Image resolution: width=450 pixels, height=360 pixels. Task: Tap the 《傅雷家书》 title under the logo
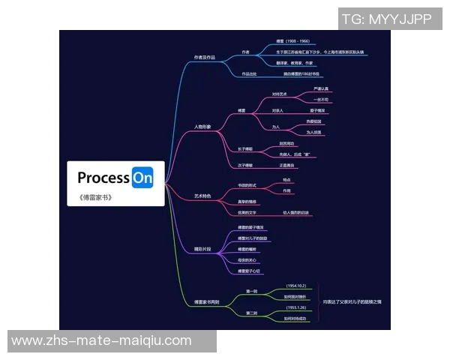pyautogui.click(x=94, y=198)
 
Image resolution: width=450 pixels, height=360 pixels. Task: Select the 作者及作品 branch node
pyautogui.click(x=204, y=57)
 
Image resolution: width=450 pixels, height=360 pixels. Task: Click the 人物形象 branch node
pyautogui.click(x=202, y=127)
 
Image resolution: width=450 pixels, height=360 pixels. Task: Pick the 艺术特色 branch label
pyautogui.click(x=202, y=196)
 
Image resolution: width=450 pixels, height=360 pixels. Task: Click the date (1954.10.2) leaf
pyautogui.click(x=296, y=286)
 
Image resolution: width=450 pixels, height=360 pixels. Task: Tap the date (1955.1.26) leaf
pyautogui.click(x=296, y=307)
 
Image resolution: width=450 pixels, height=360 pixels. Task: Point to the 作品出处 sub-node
pyautogui.click(x=249, y=74)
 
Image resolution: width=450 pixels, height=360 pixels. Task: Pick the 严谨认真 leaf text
pyautogui.click(x=321, y=88)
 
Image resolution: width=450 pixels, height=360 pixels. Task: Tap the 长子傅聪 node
pyautogui.click(x=245, y=148)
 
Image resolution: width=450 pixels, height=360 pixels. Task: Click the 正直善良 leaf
pyautogui.click(x=287, y=164)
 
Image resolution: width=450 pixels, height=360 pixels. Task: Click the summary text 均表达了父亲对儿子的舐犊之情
pyautogui.click(x=352, y=301)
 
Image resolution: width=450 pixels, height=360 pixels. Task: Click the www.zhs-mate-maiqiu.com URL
pyautogui.click(x=101, y=340)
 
